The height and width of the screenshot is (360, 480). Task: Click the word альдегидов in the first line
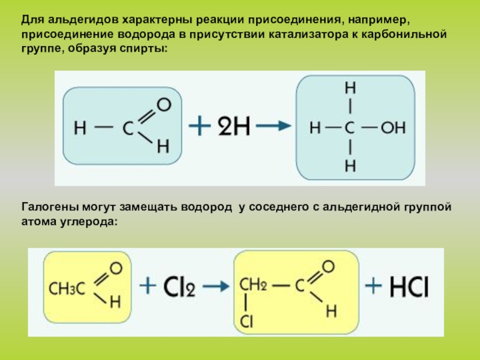click(83, 20)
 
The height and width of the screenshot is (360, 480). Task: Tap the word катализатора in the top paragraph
click(308, 34)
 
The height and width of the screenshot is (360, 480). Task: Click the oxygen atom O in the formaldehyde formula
click(164, 104)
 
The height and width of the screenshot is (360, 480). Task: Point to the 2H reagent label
click(234, 127)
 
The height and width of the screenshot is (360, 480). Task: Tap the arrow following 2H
click(274, 125)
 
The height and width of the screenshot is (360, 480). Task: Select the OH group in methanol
click(393, 127)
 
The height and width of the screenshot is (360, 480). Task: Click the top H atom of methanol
click(350, 88)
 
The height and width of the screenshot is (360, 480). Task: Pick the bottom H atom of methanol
click(350, 166)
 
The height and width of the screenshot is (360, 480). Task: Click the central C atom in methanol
click(349, 128)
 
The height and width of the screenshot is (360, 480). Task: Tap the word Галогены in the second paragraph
click(50, 207)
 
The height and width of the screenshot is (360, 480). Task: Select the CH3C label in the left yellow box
click(67, 289)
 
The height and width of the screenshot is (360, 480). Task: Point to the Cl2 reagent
click(179, 287)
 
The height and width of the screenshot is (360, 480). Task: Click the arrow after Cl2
click(216, 286)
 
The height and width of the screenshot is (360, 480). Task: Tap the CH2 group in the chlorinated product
click(253, 284)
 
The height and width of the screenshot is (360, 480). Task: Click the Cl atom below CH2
click(246, 322)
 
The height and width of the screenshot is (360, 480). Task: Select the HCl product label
click(409, 287)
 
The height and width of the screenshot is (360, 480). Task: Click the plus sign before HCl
click(373, 286)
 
